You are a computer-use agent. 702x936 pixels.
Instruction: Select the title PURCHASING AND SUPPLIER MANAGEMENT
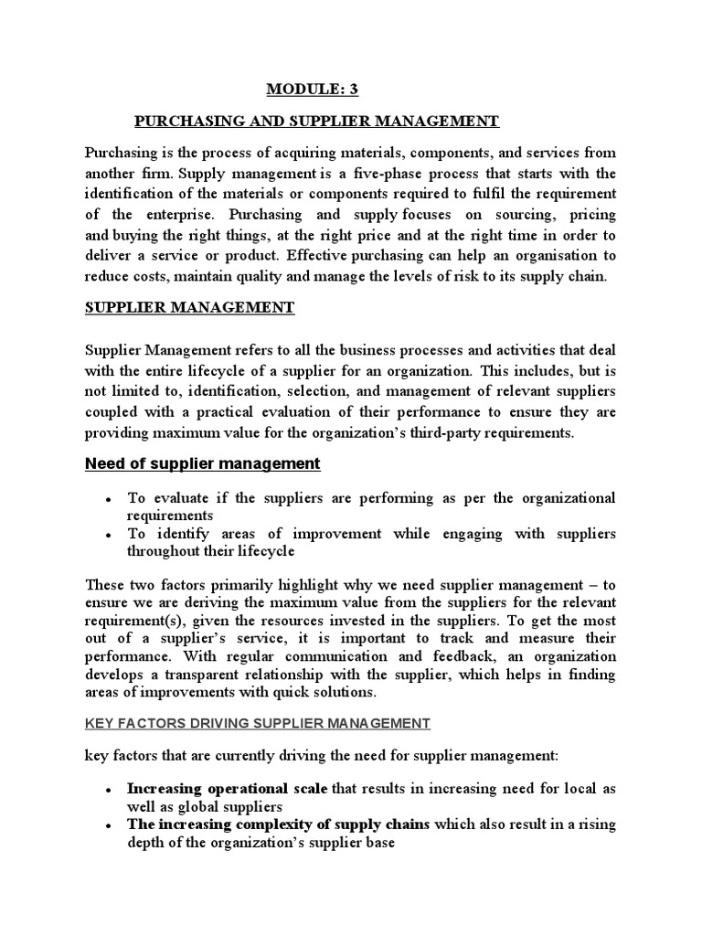[316, 121]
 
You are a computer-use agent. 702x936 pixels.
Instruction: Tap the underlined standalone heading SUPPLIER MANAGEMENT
[189, 308]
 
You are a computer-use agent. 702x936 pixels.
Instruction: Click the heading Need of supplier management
[202, 463]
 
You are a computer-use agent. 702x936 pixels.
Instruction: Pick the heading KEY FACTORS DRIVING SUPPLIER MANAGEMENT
[257, 723]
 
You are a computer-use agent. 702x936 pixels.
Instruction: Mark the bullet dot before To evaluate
[109, 499]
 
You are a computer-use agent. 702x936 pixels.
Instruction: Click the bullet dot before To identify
[109, 535]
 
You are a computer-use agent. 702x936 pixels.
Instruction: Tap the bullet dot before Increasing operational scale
[109, 789]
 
